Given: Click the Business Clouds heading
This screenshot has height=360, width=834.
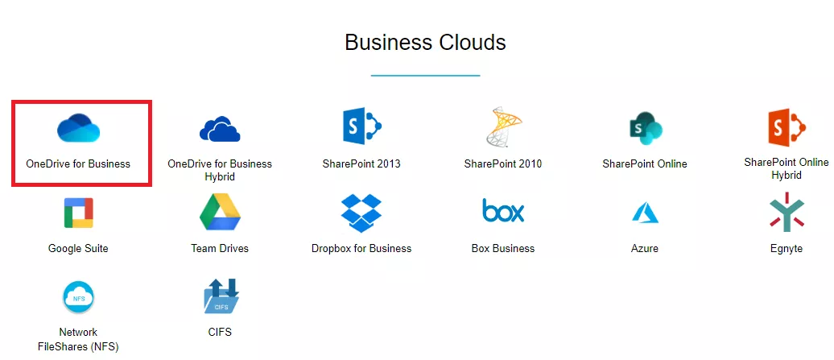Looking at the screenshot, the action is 425,43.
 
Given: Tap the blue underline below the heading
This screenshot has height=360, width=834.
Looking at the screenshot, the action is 426,76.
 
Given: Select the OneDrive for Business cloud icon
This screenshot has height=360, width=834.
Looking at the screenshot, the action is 79,127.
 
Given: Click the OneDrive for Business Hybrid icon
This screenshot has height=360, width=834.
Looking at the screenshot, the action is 220,129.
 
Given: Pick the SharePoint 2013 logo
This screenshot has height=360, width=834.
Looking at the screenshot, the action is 361,126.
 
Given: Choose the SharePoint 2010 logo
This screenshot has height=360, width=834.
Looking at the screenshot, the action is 503,126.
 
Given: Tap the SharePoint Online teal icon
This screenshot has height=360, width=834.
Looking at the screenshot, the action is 645,128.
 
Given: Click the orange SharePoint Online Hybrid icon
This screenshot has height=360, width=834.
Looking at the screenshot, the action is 787,126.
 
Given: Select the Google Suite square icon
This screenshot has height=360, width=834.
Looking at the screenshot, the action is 78,213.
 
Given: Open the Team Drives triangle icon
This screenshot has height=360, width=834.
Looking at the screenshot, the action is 220,212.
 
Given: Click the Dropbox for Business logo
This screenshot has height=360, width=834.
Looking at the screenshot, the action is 361,213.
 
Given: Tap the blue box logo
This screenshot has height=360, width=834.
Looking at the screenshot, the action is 503,210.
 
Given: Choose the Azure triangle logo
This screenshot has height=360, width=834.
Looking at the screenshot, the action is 645,213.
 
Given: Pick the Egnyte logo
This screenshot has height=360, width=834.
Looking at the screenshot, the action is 787,212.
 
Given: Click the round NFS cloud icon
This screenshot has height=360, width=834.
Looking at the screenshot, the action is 78,297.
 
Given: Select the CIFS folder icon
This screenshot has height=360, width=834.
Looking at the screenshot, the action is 221,296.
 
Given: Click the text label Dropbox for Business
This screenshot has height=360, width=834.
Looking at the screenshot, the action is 361,248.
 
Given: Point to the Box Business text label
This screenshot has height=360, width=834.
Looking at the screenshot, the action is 503,248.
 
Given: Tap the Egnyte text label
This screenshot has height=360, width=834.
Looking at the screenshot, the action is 787,249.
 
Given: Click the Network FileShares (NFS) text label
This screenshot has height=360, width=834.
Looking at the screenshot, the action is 78,340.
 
